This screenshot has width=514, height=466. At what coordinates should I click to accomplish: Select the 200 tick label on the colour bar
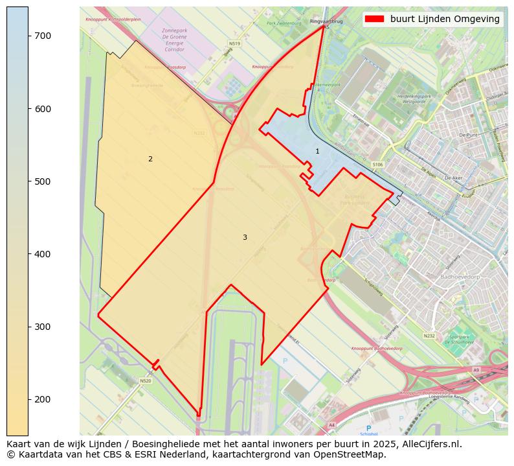pyautogui.click(x=43, y=399)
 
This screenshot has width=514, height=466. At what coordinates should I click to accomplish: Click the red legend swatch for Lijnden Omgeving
pyautogui.click(x=374, y=19)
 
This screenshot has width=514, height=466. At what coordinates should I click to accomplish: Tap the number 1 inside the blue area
pyautogui.click(x=317, y=151)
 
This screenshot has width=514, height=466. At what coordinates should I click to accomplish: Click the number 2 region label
pyautogui.click(x=150, y=159)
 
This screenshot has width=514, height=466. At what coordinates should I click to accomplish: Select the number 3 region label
pyautogui.click(x=245, y=237)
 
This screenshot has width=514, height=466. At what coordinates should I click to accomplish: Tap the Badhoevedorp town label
pyautogui.click(x=458, y=277)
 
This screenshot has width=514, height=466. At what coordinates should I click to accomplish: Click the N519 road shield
pyautogui.click(x=234, y=44)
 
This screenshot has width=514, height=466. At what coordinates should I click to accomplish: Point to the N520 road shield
pyautogui.click(x=145, y=381)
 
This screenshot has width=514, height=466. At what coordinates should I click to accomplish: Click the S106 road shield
pyautogui.click(x=377, y=165)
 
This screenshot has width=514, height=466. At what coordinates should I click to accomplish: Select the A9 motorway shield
pyautogui.click(x=476, y=369)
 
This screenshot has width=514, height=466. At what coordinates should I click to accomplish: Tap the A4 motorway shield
pyautogui.click(x=331, y=425)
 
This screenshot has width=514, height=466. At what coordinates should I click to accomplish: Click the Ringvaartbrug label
pyautogui.click(x=326, y=21)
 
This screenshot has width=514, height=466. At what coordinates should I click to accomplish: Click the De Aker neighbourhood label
pyautogui.click(x=452, y=178)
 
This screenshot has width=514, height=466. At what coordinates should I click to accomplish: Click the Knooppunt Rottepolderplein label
pyautogui.click(x=113, y=20)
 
